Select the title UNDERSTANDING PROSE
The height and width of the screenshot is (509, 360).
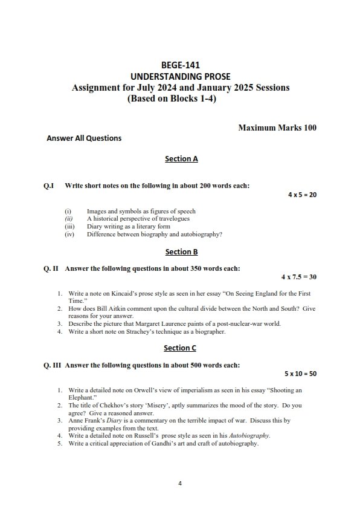click(181, 76)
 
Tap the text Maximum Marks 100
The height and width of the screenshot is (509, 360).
click(277, 128)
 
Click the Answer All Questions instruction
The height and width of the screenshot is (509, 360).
click(84, 138)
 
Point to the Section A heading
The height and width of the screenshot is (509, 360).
click(181, 159)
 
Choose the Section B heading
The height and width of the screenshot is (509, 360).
click(181, 251)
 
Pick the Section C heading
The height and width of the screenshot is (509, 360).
click(181, 348)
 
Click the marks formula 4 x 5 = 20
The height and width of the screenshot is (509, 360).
click(301, 195)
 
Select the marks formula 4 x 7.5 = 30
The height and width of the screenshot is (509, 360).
click(298, 276)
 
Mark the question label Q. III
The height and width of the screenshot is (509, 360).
click(50, 365)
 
